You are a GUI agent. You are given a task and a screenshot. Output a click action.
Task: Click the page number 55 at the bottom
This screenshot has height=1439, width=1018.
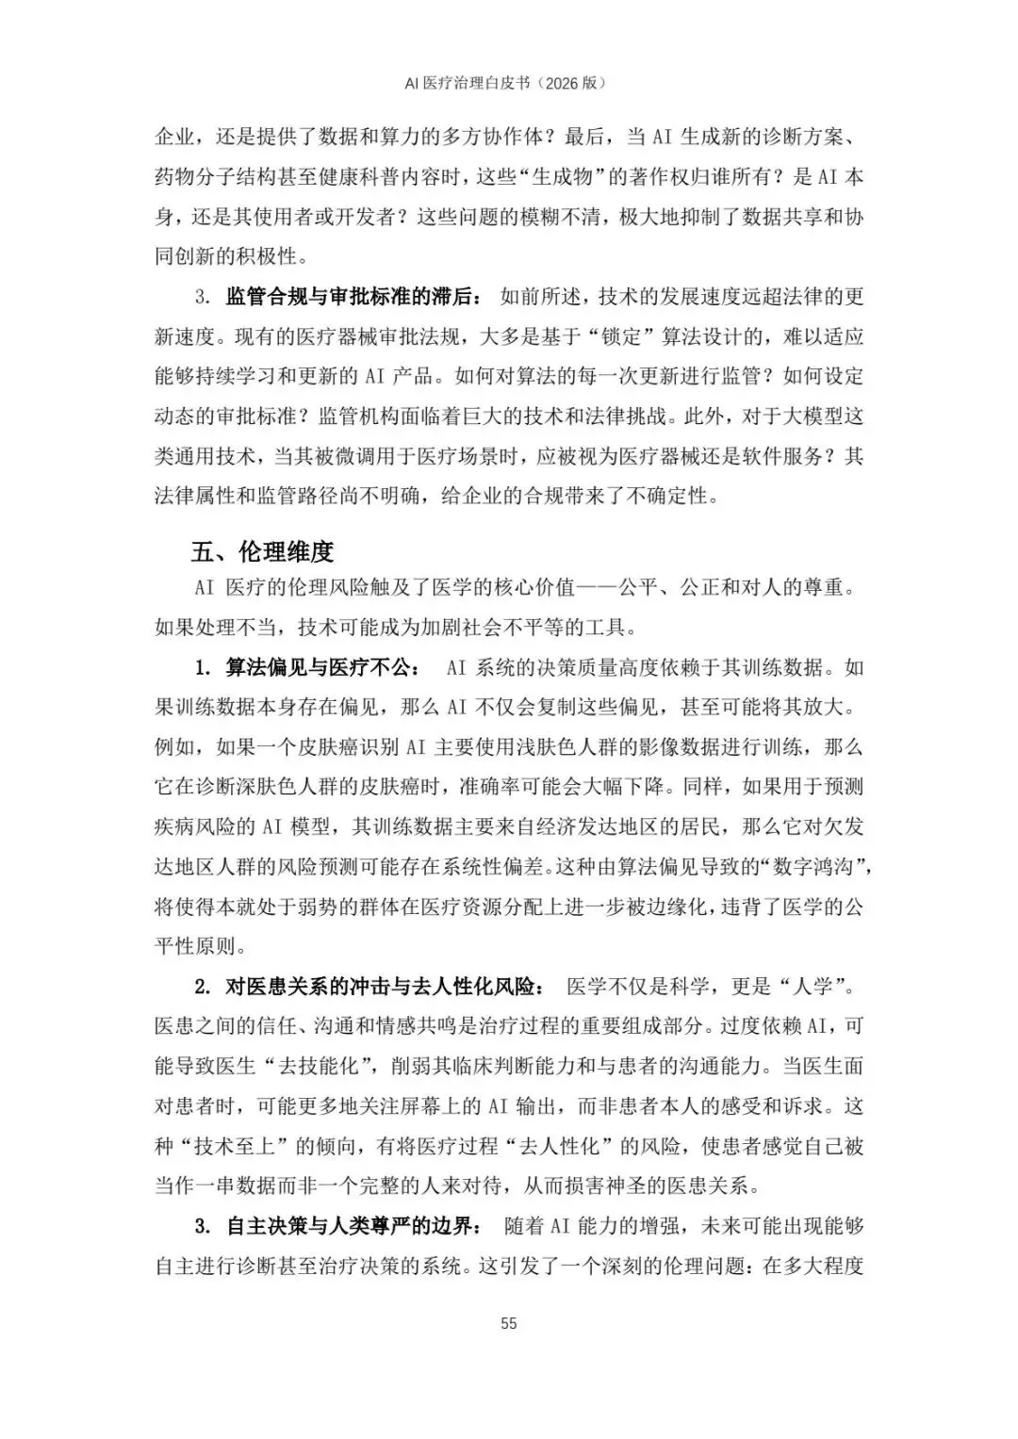click(509, 1323)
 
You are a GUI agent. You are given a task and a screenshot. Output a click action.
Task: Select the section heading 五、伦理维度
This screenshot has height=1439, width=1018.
click(263, 551)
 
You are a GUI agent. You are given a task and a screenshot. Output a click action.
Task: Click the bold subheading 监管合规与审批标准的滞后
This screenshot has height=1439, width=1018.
click(352, 297)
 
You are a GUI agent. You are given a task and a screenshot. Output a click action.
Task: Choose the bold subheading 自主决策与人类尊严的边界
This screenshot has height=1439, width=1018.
click(352, 1226)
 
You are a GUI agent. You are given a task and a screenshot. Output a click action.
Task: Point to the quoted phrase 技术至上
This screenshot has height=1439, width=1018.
click(230, 1147)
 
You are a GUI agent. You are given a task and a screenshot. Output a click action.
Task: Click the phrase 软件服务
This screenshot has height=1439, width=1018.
click(797, 456)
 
